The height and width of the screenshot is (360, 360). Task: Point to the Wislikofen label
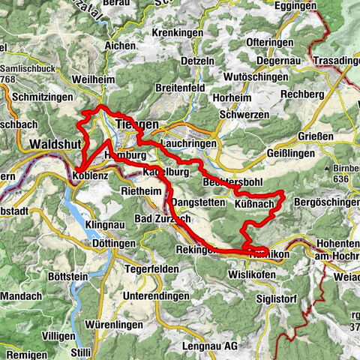coord(251,275)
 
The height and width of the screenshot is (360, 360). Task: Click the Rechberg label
coord(307,94)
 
